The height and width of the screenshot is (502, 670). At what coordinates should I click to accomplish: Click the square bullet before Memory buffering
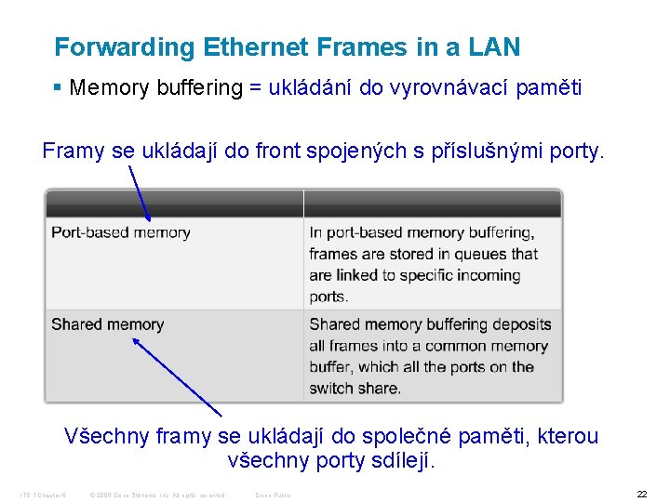tap(58, 88)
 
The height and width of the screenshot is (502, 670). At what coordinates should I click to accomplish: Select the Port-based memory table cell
tap(121, 232)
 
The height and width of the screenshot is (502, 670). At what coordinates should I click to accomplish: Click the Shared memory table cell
tap(108, 324)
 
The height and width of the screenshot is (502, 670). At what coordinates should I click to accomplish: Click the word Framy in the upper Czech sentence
tap(74, 151)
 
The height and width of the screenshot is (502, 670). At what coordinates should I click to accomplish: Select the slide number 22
tap(641, 495)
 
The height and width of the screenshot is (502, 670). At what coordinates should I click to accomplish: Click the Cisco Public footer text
tap(273, 495)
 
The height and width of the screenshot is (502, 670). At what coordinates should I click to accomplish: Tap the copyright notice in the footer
tap(158, 495)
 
